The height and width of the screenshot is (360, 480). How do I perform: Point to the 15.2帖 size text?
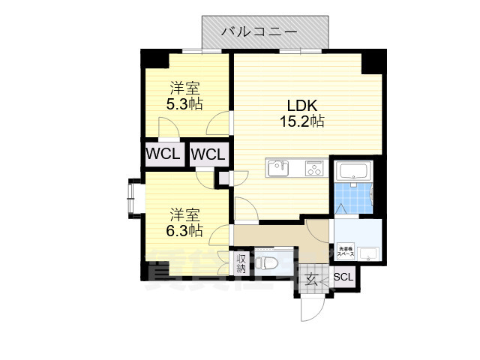pos(302,121)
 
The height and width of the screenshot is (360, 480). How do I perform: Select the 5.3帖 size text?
pos(184,103)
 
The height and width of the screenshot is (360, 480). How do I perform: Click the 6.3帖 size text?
pos(184,230)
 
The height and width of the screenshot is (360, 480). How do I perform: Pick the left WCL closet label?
pos(163,154)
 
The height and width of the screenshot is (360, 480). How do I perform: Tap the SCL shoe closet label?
pos(343,277)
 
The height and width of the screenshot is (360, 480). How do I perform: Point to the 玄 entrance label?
pos(311,279)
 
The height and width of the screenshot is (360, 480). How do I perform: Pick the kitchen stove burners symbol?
pos(313,169)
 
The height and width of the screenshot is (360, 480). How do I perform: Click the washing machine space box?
pos(346,252)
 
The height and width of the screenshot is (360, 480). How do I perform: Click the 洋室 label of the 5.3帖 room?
pos(184,86)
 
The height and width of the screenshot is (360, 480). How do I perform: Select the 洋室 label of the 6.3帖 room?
pos(184,214)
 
